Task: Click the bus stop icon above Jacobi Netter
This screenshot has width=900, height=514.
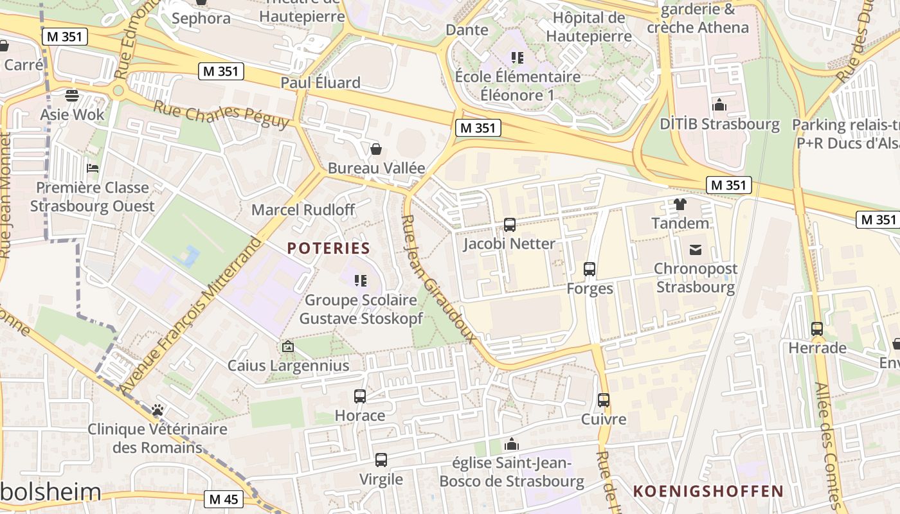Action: point(510,225)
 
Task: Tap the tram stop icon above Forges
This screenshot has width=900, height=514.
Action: point(589,269)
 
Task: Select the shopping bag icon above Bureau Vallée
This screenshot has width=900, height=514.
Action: point(376,149)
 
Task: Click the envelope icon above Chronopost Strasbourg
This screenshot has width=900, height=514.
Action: point(695,249)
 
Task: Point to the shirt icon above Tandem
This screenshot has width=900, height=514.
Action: point(680,204)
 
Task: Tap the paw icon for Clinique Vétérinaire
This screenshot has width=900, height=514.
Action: point(157,409)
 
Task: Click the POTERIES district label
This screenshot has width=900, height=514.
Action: point(328,248)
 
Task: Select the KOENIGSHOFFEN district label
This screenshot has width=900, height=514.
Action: point(708,492)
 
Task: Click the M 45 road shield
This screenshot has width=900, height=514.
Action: point(224,499)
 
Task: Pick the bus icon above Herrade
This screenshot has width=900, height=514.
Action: point(817,329)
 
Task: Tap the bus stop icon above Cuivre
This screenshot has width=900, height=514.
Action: point(604,400)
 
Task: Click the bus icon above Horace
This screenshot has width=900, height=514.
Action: point(360,396)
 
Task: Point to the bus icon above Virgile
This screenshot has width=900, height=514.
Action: point(381,460)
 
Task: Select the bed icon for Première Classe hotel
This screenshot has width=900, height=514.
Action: point(93,168)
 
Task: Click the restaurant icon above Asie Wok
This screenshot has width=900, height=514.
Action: point(72,96)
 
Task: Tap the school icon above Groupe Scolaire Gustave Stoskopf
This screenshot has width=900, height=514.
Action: point(361,281)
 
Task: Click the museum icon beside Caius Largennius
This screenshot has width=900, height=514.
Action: point(288,347)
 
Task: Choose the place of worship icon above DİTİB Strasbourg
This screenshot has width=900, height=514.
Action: point(719,105)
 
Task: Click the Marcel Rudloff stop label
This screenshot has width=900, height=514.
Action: point(303,209)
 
